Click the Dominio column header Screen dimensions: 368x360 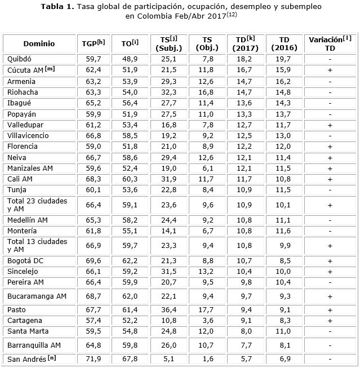[39, 43]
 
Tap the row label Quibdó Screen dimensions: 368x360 [20, 59]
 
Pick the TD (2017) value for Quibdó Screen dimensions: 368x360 [245, 59]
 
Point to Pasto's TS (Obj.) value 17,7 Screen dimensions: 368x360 [207, 309]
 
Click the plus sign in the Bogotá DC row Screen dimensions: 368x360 [330, 261]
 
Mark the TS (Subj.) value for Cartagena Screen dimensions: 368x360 [168, 320]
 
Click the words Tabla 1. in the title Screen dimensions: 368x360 [58, 7]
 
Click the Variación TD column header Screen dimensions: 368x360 [330, 43]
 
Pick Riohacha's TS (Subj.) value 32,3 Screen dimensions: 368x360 [168, 92]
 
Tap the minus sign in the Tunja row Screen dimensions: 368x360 [330, 189]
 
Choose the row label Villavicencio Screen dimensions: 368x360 [28, 135]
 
